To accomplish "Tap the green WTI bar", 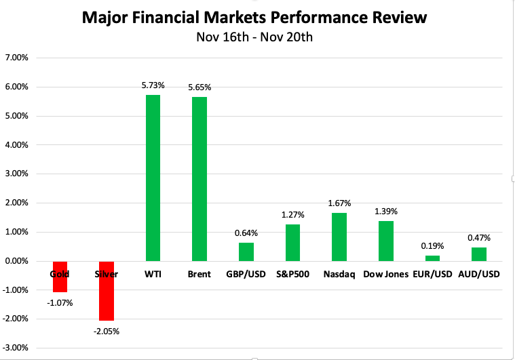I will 153,178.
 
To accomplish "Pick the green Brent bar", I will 199,179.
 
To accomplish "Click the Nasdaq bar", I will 339,237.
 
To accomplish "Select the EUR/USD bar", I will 432,258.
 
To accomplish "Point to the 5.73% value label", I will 153,85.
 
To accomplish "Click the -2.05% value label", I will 107,331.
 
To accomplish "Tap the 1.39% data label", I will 385,212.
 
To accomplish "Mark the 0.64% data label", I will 246,233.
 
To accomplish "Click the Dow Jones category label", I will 385,275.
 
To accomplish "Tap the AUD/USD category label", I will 478,275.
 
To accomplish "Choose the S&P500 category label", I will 292,275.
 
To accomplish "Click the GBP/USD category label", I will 246,275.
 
